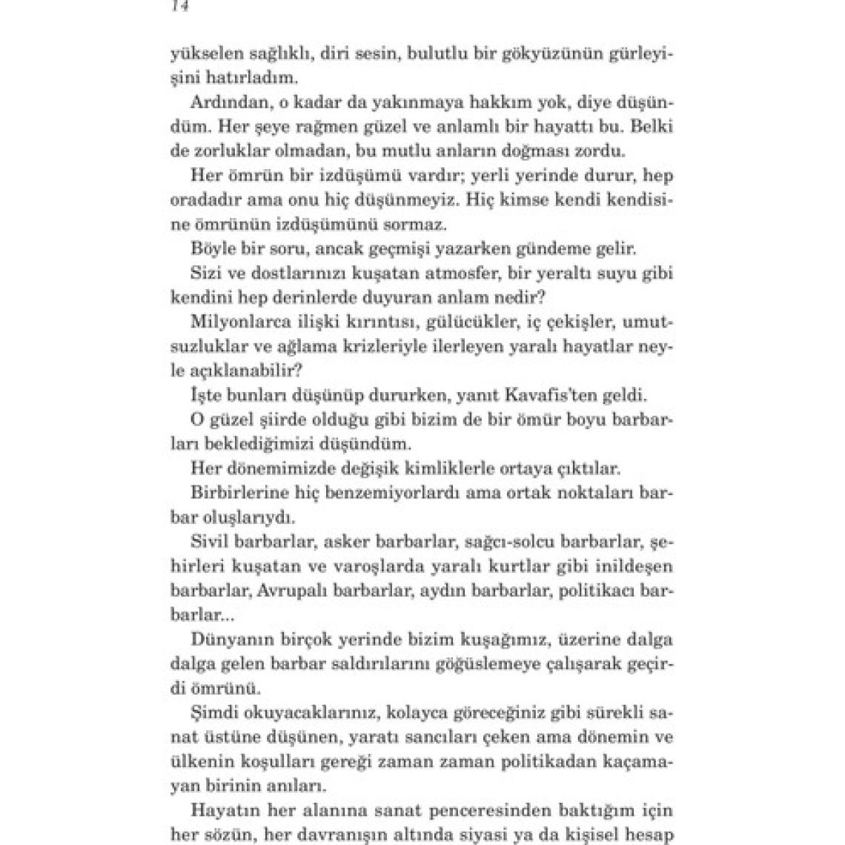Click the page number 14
click(179, 6)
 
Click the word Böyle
click(210, 248)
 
